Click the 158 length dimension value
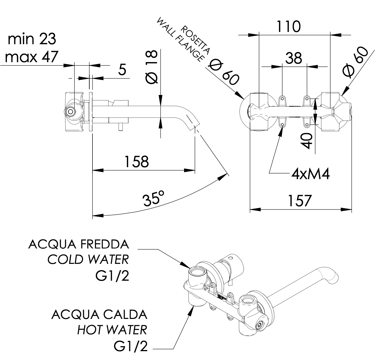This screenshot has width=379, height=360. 136,161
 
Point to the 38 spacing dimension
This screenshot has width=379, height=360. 294,58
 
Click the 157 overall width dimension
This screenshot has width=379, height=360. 299,201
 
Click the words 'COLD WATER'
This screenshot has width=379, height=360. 88,260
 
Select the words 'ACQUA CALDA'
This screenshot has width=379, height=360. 99,315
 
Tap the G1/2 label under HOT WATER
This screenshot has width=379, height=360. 131,347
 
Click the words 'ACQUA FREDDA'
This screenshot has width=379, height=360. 78,244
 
